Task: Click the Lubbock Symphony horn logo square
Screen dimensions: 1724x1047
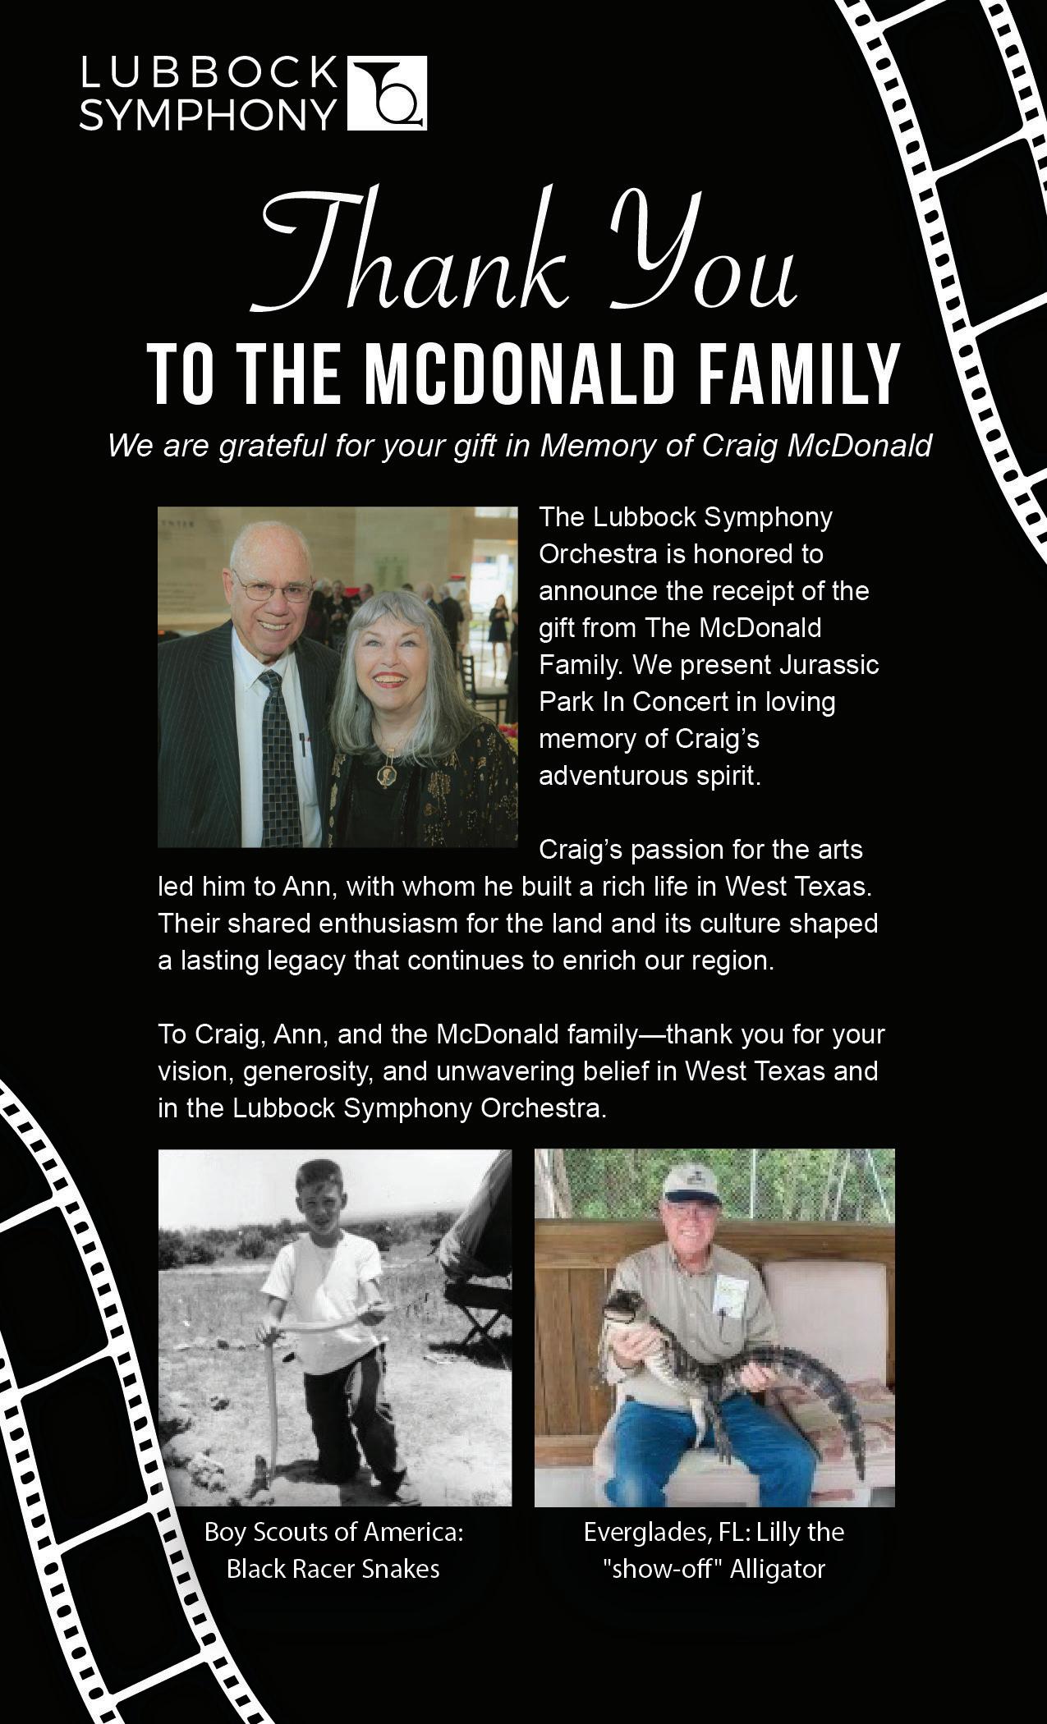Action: [x=388, y=93]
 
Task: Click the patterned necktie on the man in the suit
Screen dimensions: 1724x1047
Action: [x=279, y=755]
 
